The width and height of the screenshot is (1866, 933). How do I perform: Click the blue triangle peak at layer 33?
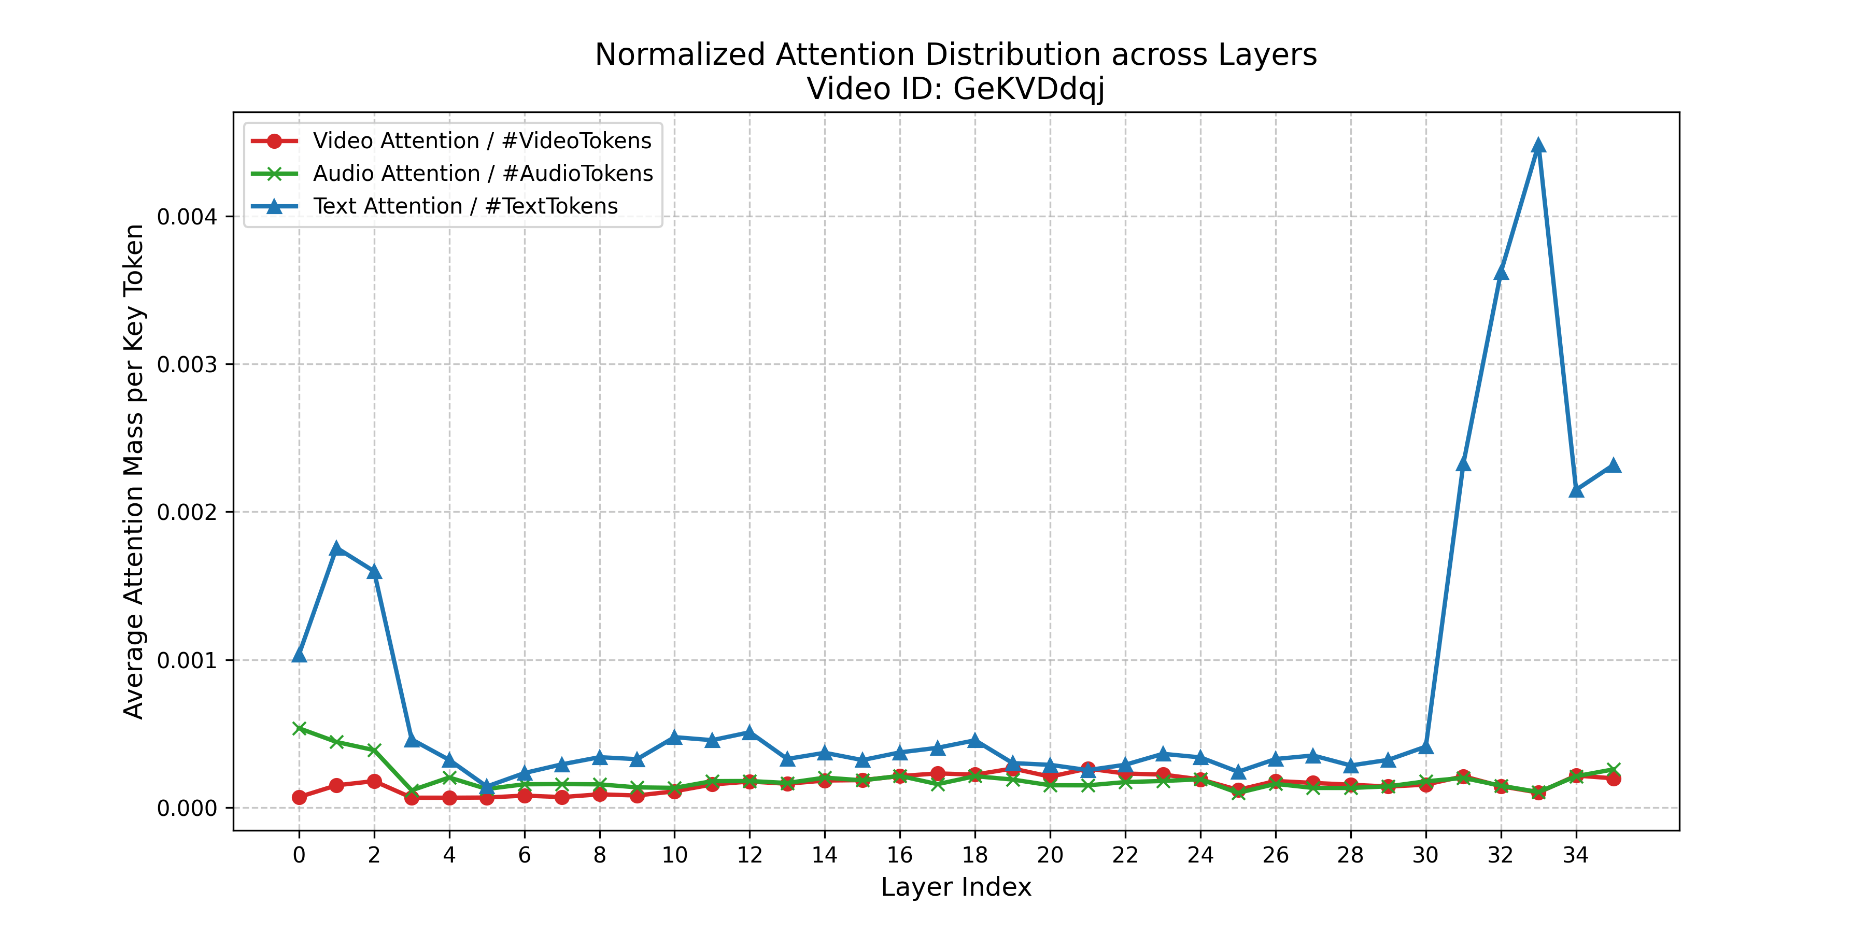pos(1538,146)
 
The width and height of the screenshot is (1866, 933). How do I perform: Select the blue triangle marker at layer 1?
pos(336,548)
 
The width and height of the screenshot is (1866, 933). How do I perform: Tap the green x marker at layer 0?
pos(299,728)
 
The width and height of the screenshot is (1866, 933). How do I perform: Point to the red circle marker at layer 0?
pos(299,797)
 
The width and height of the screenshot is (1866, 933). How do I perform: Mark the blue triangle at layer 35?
pos(1613,465)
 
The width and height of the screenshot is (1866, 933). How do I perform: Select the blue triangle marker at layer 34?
pos(1576,490)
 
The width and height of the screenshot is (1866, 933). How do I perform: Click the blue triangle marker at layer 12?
pos(750,732)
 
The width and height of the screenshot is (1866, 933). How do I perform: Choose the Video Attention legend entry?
pos(482,140)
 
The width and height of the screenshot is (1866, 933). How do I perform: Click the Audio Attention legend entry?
pos(483,173)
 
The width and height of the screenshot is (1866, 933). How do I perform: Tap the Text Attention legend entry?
pos(465,206)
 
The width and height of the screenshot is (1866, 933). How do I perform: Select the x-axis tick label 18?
pos(975,855)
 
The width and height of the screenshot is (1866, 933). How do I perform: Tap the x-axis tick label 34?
pos(1576,855)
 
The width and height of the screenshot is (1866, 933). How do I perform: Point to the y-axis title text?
pos(134,471)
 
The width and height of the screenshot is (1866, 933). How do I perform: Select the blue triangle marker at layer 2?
pos(374,572)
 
